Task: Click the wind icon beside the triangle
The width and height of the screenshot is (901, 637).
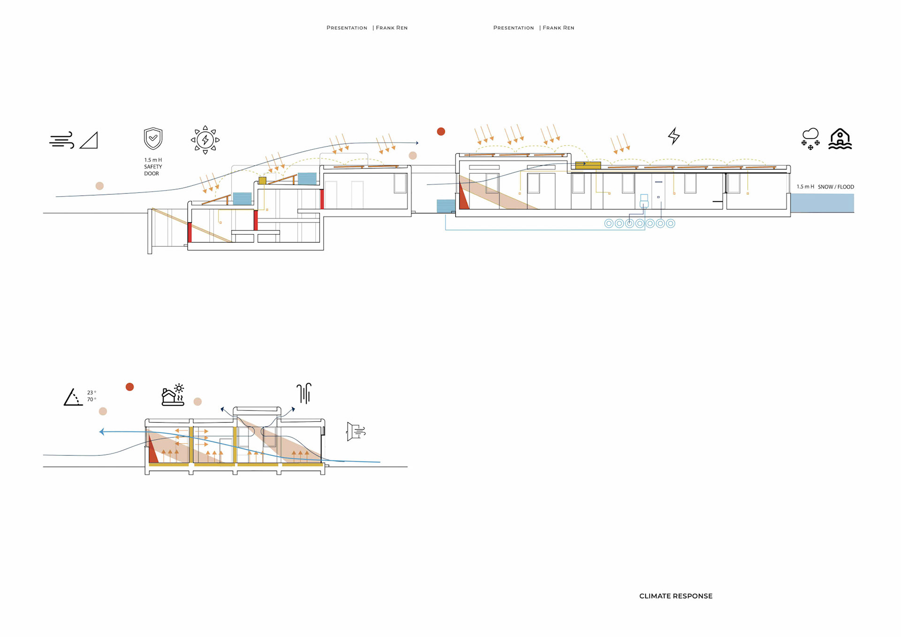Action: point(61,140)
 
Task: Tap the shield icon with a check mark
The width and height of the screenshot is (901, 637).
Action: point(153,138)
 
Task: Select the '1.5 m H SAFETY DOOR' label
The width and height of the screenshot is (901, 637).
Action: point(153,167)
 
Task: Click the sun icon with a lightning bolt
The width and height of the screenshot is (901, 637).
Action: point(205,140)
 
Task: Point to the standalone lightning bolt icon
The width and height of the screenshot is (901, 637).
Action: point(674,136)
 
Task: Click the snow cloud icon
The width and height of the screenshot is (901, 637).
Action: point(810,138)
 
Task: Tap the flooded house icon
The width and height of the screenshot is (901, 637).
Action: point(840,139)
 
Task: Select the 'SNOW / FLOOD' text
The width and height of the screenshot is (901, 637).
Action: point(836,187)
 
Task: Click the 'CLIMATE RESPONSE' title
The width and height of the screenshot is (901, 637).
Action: point(676,596)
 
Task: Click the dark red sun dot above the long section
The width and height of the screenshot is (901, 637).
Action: point(441,131)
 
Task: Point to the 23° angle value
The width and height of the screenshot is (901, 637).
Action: point(92,392)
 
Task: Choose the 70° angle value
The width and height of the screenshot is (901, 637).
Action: point(92,399)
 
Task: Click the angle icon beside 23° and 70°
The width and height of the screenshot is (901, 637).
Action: point(73,397)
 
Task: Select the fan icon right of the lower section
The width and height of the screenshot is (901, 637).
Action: point(356,431)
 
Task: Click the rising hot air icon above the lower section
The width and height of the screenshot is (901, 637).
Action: point(304,393)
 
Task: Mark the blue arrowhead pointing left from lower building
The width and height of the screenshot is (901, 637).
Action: point(102,432)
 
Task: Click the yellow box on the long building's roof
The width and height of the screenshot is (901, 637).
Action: point(588,165)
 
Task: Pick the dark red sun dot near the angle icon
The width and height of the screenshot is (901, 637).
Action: point(130,387)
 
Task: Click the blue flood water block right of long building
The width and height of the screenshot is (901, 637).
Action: point(822,203)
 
